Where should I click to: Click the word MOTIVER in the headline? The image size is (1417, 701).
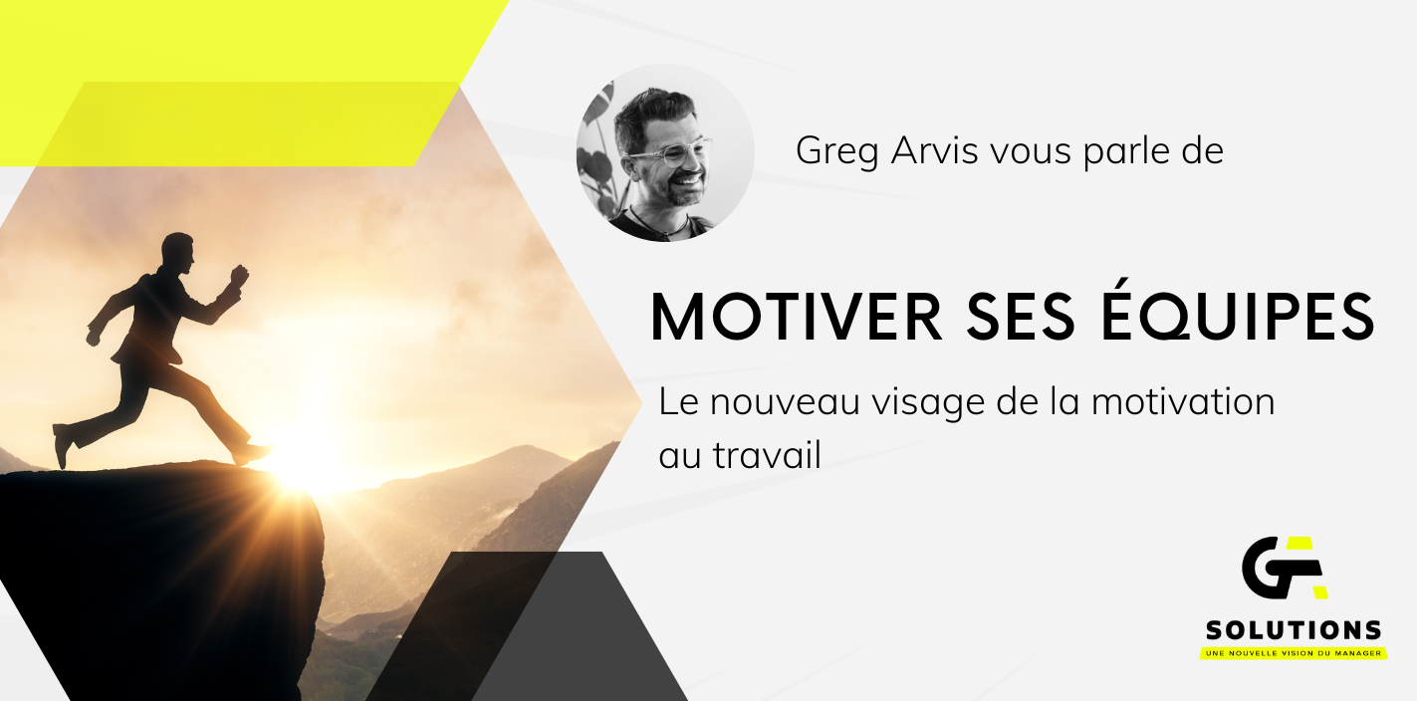click(x=797, y=317)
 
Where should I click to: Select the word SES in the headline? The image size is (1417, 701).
click(x=1021, y=317)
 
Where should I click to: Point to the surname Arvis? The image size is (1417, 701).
click(x=934, y=150)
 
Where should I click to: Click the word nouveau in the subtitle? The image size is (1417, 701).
click(x=785, y=402)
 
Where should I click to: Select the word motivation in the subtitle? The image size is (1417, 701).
click(x=1183, y=401)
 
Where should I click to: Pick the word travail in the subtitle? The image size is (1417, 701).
click(x=768, y=454)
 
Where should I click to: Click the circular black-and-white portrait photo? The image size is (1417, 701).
click(x=665, y=152)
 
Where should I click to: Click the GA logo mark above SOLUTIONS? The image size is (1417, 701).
click(x=1285, y=568)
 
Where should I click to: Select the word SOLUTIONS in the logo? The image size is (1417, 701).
click(x=1294, y=630)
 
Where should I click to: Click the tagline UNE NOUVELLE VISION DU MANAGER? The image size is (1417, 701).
click(x=1294, y=653)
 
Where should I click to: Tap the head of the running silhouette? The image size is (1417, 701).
click(x=178, y=253)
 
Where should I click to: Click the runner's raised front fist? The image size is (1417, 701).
click(x=239, y=275)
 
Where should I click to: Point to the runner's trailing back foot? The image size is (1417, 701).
click(x=63, y=446)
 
